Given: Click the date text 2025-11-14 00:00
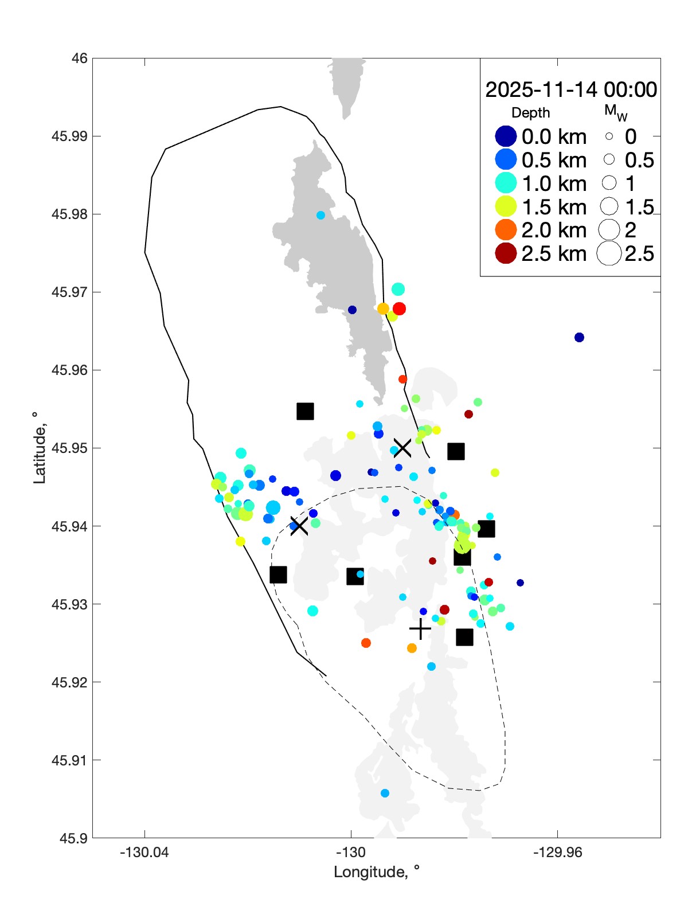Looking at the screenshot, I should (571, 89).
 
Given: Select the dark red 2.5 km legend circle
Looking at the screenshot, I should (506, 253).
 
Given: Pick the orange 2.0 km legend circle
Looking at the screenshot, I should (506, 230).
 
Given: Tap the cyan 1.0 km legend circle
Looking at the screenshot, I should (506, 183).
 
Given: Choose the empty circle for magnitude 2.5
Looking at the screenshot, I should (609, 253).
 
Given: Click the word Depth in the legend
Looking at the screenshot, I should (530, 113).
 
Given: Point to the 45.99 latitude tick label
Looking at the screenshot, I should (69, 136).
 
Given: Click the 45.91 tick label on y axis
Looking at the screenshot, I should (69, 760).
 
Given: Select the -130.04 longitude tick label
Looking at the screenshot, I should (144, 853).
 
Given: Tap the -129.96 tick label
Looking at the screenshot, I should (557, 853).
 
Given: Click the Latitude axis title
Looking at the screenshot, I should (39, 448).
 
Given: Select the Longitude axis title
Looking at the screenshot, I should (377, 872).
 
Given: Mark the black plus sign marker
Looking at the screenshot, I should (420, 629).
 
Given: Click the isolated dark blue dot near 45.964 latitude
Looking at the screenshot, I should (579, 337).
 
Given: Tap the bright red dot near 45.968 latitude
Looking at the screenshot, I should (399, 308).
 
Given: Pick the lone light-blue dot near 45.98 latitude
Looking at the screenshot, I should (320, 215).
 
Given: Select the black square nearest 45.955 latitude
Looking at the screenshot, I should (305, 411).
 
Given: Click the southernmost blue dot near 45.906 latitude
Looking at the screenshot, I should (385, 793).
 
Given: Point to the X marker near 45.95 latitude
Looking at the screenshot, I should (402, 448).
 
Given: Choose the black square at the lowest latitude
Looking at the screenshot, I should (464, 637).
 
